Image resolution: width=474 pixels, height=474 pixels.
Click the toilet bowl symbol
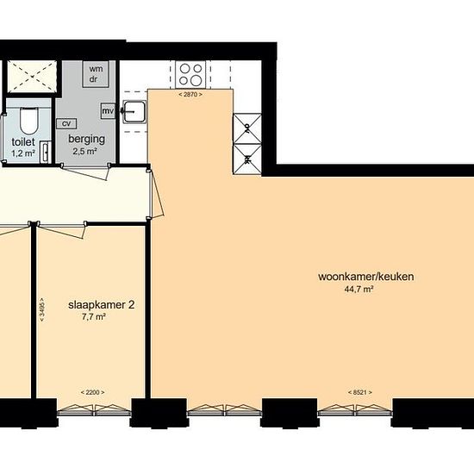28,120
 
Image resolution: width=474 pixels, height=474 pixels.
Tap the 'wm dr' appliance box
96,74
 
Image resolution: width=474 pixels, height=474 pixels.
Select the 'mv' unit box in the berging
108,111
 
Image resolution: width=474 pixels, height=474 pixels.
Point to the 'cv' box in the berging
66,123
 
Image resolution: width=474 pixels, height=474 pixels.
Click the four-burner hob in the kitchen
190,75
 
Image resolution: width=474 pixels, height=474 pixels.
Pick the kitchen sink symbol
134,112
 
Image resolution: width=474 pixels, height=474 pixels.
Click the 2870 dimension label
190,95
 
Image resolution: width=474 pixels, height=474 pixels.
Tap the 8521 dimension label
359,393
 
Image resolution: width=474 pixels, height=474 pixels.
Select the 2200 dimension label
92,393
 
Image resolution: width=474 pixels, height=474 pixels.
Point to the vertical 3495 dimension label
41,309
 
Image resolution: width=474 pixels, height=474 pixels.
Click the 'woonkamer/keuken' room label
366,277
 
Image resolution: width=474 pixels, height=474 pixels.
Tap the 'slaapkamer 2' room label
102,305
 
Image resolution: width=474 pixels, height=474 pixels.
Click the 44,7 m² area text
359,290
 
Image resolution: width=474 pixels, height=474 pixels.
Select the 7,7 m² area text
94,317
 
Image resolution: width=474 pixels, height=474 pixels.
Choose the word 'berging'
87,140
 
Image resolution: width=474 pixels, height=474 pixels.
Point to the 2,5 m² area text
84,151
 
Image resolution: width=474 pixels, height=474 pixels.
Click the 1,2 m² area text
23,153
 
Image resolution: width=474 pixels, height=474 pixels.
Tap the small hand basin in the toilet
46,153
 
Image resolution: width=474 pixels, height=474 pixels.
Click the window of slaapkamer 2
94,409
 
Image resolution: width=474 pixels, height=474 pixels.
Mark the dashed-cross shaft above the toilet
32,76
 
